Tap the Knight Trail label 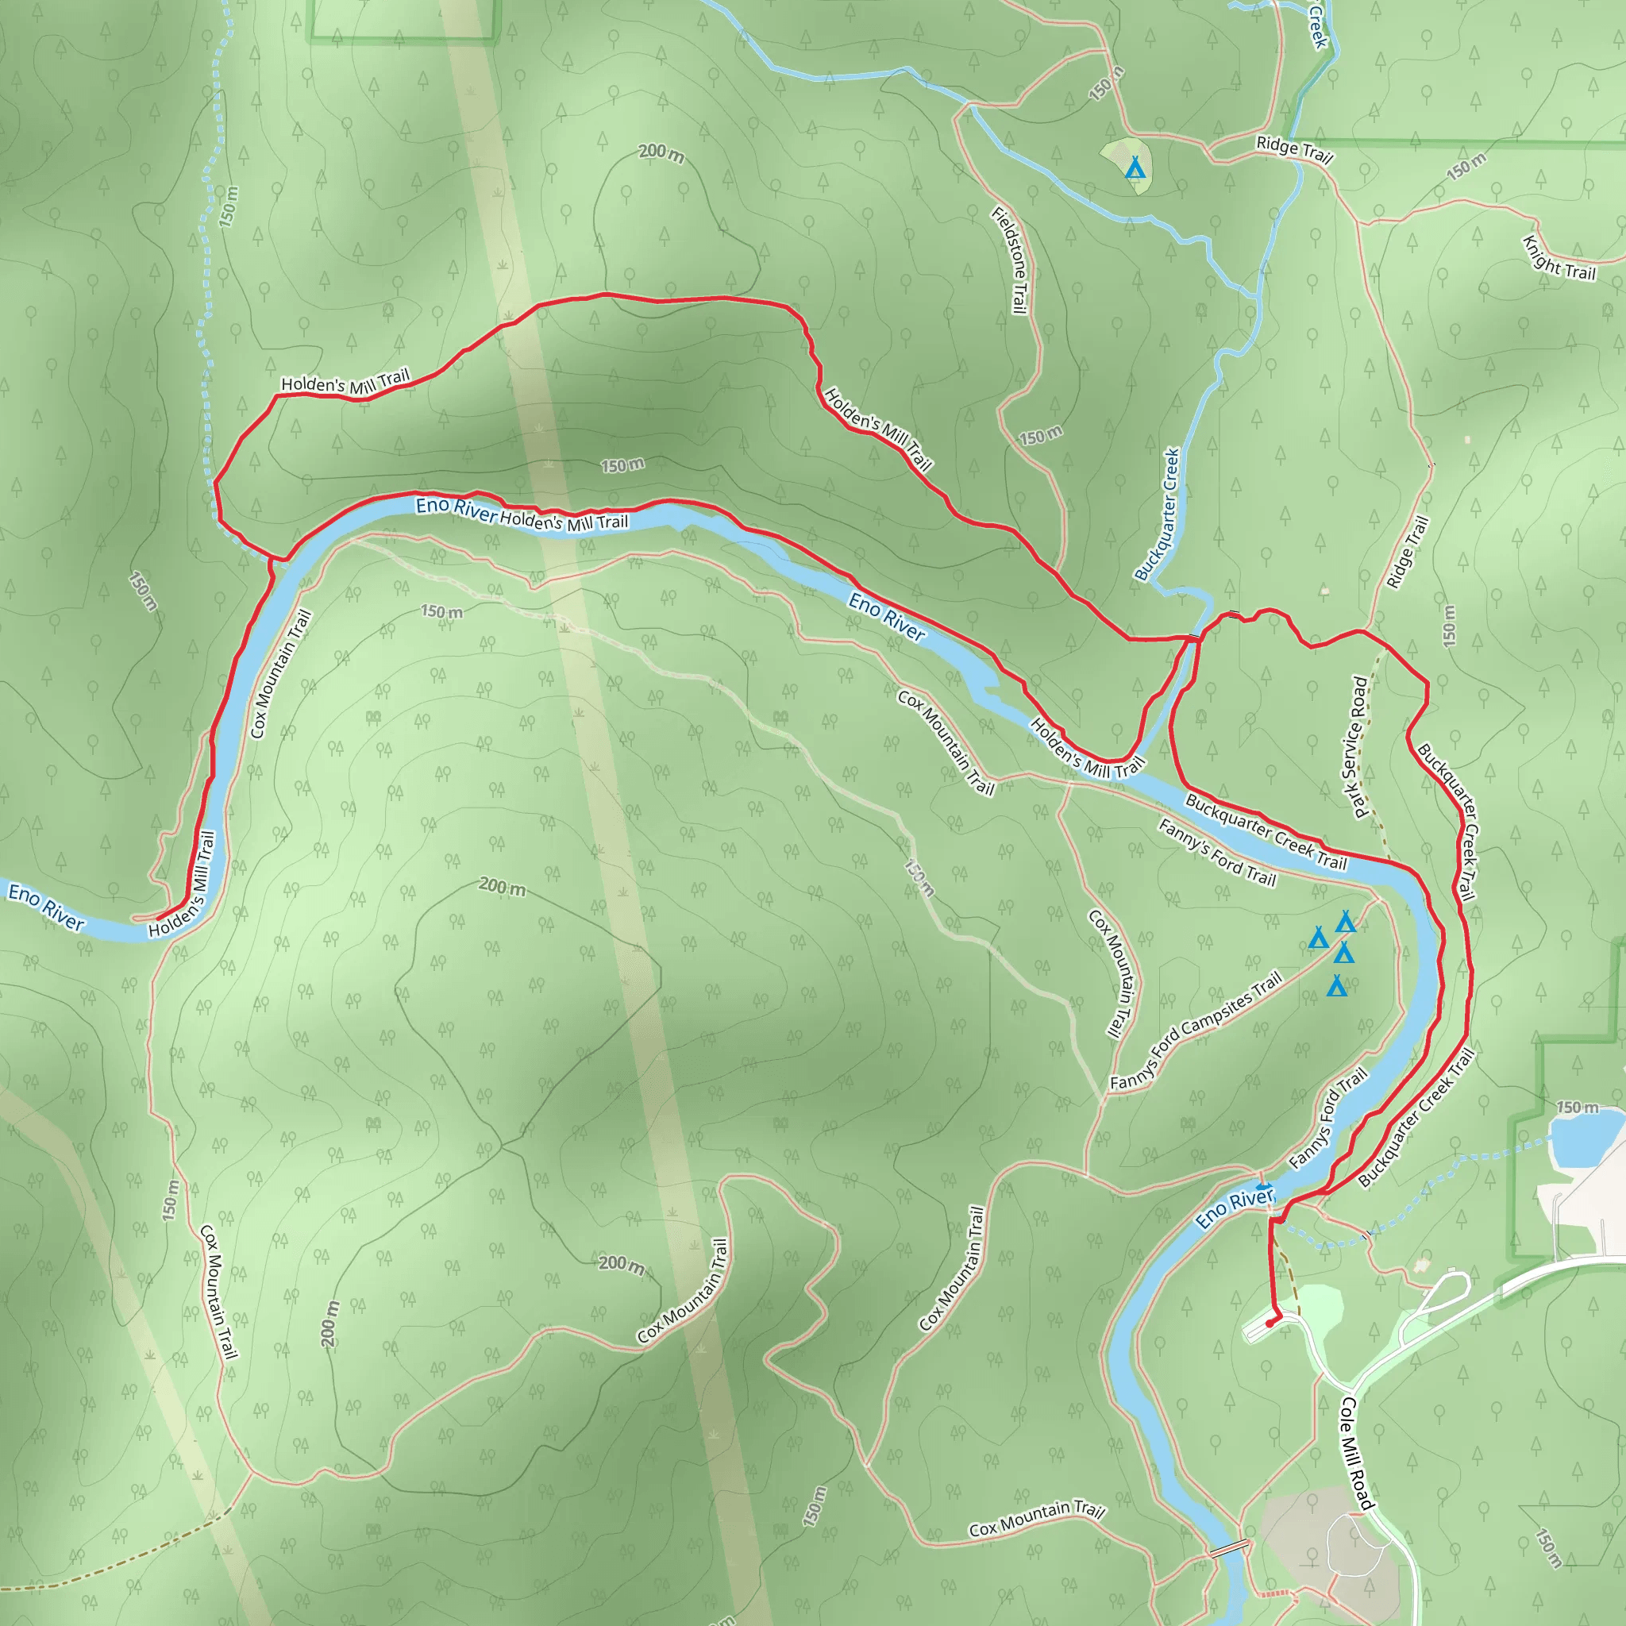pos(1559,258)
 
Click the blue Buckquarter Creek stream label pos(1158,514)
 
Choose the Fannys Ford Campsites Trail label pos(1195,1031)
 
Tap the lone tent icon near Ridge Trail pos(1135,168)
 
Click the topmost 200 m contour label pos(661,152)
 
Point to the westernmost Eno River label pos(46,907)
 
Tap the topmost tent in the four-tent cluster pos(1346,923)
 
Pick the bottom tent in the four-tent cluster pos(1336,985)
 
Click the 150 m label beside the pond pos(1578,1108)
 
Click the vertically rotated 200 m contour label pos(331,1324)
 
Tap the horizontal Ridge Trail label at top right pos(1294,150)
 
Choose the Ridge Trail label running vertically pos(1407,552)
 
